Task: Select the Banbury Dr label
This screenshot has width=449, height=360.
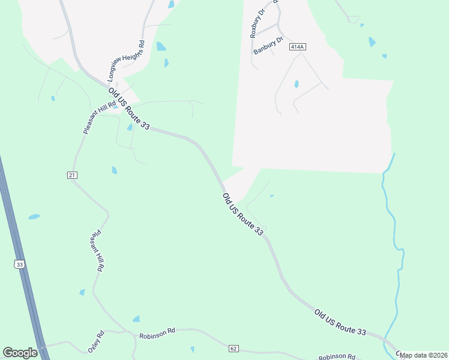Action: coord(268,46)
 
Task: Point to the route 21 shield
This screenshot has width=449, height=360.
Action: coord(73,175)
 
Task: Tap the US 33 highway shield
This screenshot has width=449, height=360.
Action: coord(20,264)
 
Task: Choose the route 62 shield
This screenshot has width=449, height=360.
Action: coord(234,348)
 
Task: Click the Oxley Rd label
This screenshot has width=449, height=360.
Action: coord(97,341)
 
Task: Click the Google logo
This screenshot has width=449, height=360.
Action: coord(20,353)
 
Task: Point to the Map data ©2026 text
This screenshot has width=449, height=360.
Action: coord(424,355)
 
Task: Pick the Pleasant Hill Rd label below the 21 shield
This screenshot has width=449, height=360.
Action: coord(98,252)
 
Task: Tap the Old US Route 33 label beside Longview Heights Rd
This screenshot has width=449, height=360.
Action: coord(128,109)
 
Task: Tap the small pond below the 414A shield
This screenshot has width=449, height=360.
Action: coord(297,84)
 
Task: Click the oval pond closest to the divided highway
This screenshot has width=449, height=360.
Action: coord(34,217)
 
